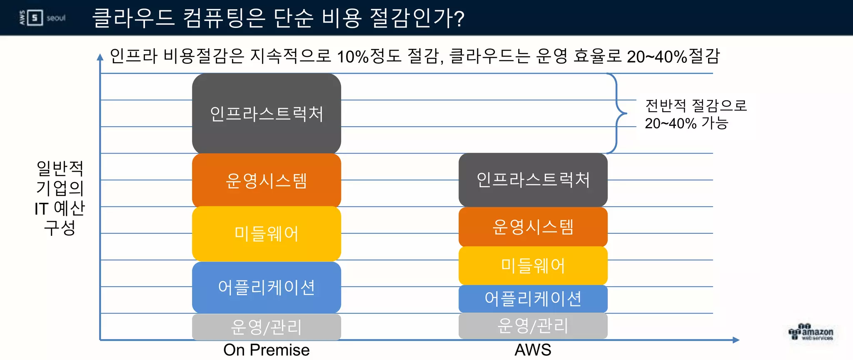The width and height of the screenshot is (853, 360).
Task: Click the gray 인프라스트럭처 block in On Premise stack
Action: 267,113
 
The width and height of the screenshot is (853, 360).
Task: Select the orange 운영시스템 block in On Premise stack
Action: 267,180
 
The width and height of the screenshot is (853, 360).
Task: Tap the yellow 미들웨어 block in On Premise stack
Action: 267,234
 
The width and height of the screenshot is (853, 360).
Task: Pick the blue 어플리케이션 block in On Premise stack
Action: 267,287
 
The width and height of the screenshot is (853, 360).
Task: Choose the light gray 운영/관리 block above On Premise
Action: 267,327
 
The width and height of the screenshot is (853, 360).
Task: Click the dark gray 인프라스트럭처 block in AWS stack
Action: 533,180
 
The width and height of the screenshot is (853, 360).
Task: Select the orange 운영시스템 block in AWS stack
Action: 533,227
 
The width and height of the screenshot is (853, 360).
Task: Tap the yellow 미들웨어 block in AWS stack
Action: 533,266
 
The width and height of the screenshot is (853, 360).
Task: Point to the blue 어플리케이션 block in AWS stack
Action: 533,299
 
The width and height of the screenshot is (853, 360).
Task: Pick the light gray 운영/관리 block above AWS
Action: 533,326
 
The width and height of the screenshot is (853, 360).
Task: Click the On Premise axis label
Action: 267,350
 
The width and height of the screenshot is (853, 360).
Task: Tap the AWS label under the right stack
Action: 533,350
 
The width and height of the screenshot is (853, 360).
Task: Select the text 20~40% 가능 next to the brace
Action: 686,123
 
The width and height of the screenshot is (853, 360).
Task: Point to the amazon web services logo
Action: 811,332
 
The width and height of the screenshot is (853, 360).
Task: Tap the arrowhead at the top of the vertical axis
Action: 100,57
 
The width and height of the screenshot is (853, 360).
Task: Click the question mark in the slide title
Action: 459,19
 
